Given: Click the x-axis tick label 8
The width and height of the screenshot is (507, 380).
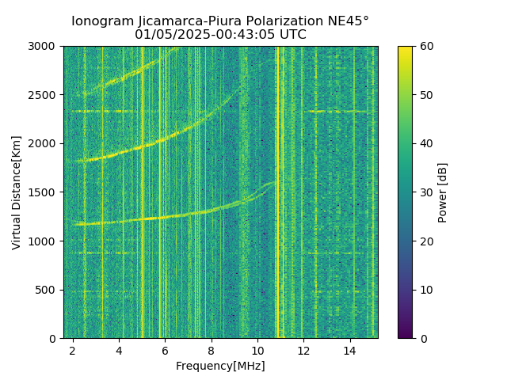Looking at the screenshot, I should tap(211, 350).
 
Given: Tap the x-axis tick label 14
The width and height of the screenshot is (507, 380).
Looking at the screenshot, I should tap(349, 350).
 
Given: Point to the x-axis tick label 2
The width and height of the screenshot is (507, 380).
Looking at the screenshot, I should tap(73, 350).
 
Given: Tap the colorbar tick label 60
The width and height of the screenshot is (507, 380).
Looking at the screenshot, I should tap(425, 47).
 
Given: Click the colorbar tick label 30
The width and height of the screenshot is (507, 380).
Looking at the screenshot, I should tap(425, 192).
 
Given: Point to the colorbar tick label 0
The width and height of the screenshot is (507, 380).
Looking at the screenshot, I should tap(422, 338).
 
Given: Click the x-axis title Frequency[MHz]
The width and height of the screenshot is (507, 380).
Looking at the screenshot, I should tap(220, 366).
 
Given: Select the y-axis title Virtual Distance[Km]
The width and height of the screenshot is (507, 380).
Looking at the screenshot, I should tap(17, 192).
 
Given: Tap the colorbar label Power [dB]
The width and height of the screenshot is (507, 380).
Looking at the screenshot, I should tap(443, 192).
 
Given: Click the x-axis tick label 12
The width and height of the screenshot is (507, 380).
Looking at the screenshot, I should tap(303, 350).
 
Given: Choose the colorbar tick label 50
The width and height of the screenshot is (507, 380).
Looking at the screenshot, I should tap(425, 95).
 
